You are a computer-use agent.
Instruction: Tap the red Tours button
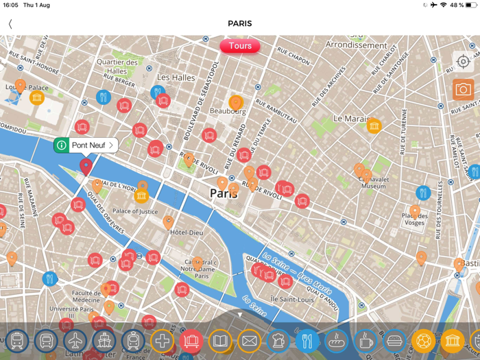pos(240,46)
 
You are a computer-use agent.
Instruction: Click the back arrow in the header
pos(10,24)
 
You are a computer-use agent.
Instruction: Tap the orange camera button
pos(464,90)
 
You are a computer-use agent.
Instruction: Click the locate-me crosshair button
pos(464,62)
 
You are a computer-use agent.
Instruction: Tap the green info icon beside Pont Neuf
pos(62,145)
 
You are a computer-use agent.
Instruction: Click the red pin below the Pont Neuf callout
pos(86,165)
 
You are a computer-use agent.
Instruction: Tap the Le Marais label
pos(351,118)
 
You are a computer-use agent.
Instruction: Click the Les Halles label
pos(176,77)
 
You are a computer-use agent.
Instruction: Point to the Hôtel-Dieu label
pos(187,232)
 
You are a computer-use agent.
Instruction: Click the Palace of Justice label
pos(135,212)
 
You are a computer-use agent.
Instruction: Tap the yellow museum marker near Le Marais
pos(374,125)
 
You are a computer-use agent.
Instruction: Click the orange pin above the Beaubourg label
pos(236,103)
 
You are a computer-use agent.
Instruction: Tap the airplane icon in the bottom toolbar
pos(75,340)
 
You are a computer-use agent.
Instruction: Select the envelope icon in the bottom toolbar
pos(249,340)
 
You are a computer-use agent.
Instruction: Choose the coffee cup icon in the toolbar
pos(365,340)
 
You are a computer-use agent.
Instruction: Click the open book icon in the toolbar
pos(220,340)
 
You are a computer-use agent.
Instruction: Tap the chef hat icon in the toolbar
pos(278,340)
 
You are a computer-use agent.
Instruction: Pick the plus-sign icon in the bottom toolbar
pos(162,340)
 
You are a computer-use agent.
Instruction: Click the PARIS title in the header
pos(240,23)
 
